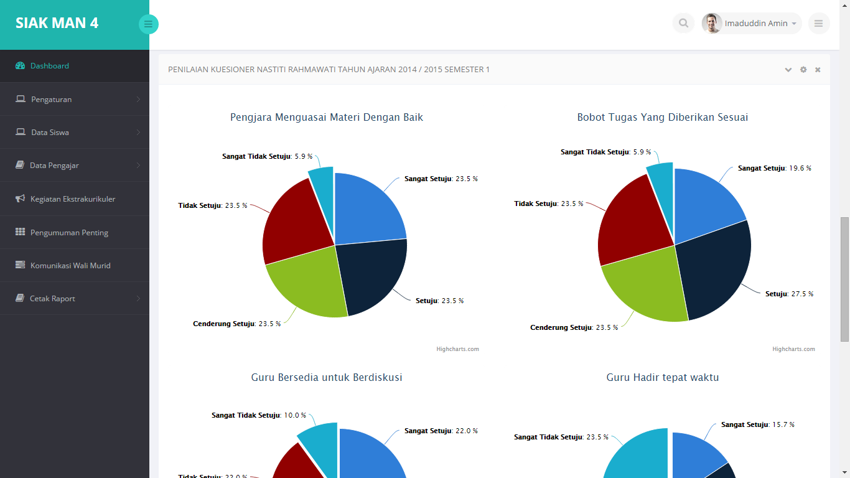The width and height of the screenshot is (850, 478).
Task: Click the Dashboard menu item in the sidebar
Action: coord(49,66)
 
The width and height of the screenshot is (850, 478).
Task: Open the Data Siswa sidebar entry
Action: coord(50,133)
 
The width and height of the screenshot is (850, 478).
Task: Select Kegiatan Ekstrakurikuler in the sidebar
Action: coord(72,199)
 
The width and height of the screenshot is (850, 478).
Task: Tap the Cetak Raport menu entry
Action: coord(52,299)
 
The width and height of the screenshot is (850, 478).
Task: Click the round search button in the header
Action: coord(683,24)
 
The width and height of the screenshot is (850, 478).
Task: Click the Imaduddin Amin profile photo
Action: coord(712,24)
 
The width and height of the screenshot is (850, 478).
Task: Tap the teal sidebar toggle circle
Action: coord(148,24)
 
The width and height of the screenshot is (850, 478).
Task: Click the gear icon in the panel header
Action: coord(803,70)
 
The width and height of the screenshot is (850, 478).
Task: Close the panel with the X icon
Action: coord(818,70)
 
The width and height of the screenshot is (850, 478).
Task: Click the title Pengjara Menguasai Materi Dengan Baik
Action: coord(327,117)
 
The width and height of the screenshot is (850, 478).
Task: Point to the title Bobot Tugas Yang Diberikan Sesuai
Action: coord(663,117)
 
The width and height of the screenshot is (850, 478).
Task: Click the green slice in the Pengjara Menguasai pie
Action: coord(305,283)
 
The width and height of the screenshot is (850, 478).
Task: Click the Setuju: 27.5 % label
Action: coord(789,294)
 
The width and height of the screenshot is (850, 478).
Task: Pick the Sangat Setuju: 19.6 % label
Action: coord(774,168)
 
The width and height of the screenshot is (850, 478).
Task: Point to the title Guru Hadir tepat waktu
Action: coord(663,377)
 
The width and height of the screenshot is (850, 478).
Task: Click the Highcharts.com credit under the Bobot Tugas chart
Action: coord(793,349)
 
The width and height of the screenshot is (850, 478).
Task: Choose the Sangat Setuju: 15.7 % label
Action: coord(757,424)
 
